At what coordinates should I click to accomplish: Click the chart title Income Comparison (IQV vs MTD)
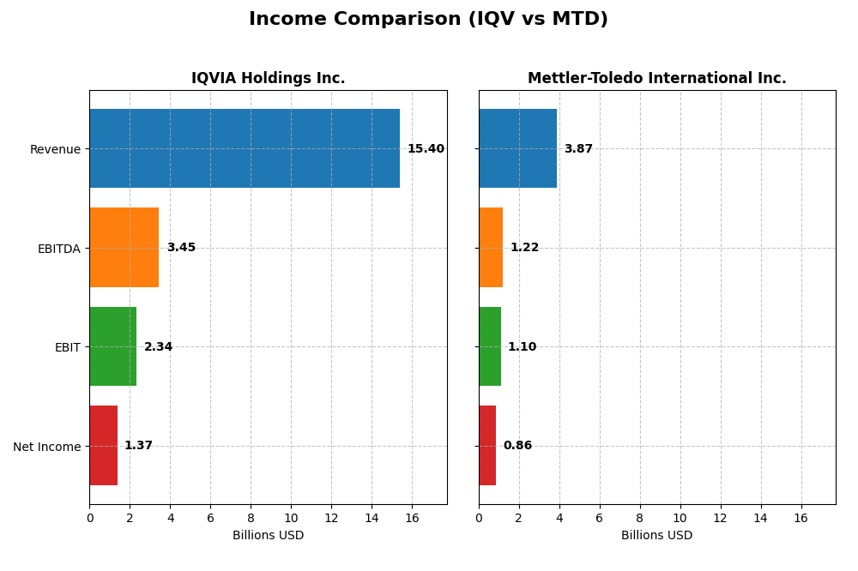pyautogui.click(x=428, y=19)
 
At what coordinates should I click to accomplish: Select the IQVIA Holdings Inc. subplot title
pyautogui.click(x=268, y=78)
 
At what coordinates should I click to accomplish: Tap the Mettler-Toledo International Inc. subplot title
pyautogui.click(x=656, y=78)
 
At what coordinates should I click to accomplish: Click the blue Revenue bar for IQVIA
pyautogui.click(x=245, y=148)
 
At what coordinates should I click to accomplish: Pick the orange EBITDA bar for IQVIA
pyautogui.click(x=124, y=247)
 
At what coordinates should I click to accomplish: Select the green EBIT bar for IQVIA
pyautogui.click(x=112, y=346)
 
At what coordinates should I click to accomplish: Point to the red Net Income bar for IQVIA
pyautogui.click(x=103, y=445)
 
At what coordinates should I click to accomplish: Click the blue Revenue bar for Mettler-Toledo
pyautogui.click(x=517, y=148)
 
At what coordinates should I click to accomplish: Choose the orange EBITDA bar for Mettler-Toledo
pyautogui.click(x=491, y=247)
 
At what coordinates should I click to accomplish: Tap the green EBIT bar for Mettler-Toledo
pyautogui.click(x=490, y=346)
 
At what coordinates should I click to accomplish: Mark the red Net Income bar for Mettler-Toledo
pyautogui.click(x=487, y=445)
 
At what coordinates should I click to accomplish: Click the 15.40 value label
pyautogui.click(x=426, y=149)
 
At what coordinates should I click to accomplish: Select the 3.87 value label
pyautogui.click(x=578, y=149)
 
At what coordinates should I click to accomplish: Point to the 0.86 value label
pyautogui.click(x=517, y=446)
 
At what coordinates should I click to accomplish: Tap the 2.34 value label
pyautogui.click(x=158, y=347)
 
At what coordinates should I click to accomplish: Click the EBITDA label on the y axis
pyautogui.click(x=58, y=249)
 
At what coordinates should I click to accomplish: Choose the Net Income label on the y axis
pyautogui.click(x=46, y=447)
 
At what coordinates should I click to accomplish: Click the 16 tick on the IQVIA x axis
pyautogui.click(x=412, y=518)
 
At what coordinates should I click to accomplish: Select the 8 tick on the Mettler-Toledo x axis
pyautogui.click(x=640, y=518)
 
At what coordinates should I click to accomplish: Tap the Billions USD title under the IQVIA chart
pyautogui.click(x=268, y=536)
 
